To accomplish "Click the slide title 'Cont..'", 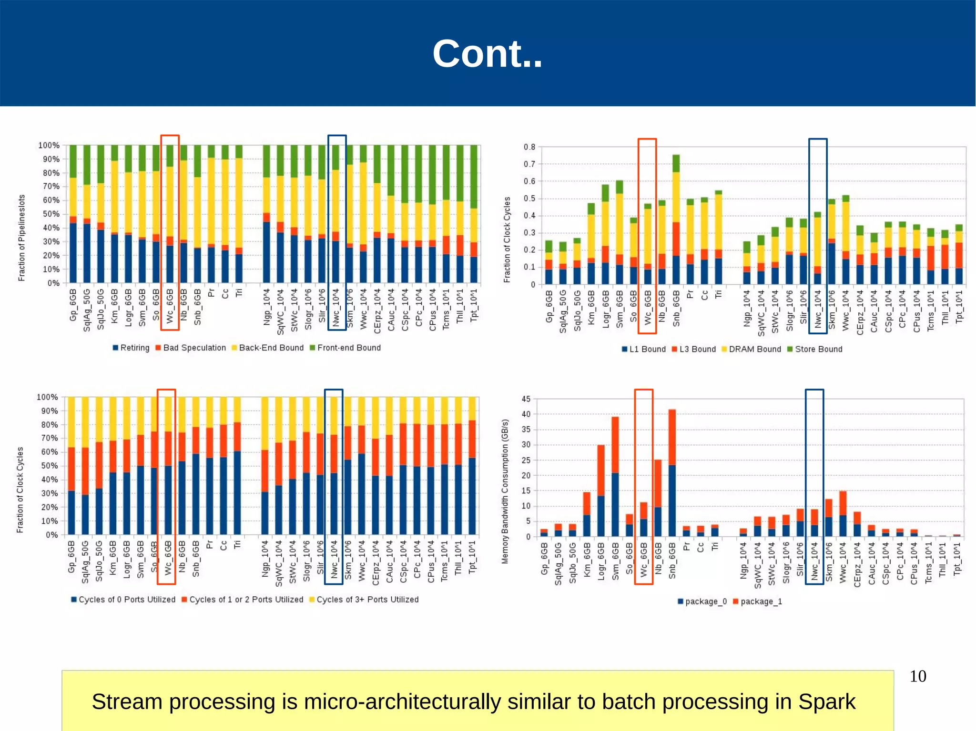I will pyautogui.click(x=487, y=54).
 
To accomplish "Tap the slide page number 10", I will pyautogui.click(x=917, y=676).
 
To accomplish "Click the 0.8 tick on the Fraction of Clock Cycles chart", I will pyautogui.click(x=529, y=147).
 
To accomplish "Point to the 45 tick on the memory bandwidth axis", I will pyautogui.click(x=526, y=399).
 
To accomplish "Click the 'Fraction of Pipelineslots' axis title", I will pyautogui.click(x=21, y=238).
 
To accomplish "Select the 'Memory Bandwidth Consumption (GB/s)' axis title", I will pyautogui.click(x=505, y=491).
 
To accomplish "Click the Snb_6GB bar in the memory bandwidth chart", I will pyautogui.click(x=672, y=473).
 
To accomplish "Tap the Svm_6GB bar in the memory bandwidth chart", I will pyautogui.click(x=615, y=477).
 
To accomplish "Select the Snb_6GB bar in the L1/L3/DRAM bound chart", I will pyautogui.click(x=676, y=220).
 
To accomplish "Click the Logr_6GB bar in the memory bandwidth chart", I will pyautogui.click(x=601, y=491).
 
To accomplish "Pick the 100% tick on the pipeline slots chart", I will pyautogui.click(x=49, y=145).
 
